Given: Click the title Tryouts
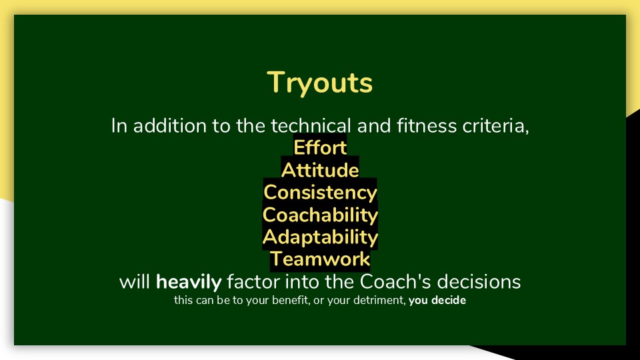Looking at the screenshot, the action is coord(319,83).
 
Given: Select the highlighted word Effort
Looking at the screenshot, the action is coord(320,147).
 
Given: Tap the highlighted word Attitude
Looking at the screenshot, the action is coord(320,170).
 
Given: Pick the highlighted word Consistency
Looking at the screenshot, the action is coord(320,193).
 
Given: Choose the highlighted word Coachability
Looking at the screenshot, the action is coord(320,215).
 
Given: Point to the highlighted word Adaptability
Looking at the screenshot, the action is coord(320,237).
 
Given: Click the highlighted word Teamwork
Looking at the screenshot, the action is coord(320,259).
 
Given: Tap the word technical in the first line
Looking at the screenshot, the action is coord(311,126).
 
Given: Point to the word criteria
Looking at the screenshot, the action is coord(495,126).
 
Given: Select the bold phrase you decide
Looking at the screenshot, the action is coord(437,301).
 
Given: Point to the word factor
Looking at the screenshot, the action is coord(253,281).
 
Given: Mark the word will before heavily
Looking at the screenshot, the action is coord(135,281).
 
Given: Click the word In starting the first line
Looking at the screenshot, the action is coord(119,126).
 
